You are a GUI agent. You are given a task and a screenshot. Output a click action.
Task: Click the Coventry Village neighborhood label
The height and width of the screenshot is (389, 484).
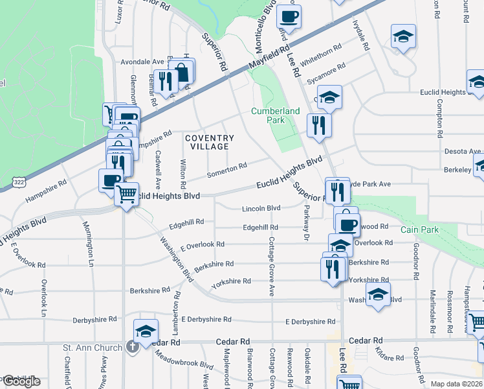point(209,142)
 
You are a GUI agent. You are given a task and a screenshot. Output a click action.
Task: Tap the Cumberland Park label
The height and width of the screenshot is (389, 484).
point(276,115)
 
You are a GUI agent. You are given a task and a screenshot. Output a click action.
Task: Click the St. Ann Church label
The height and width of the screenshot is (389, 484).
point(93,348)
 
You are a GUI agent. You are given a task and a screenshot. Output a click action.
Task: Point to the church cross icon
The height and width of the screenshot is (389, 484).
point(132,348)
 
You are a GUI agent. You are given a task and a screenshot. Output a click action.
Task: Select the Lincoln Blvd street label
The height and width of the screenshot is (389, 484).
point(261,208)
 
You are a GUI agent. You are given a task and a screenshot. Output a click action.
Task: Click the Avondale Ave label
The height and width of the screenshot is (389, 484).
point(140,62)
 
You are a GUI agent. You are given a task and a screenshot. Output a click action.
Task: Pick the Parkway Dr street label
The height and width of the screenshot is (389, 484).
point(304,224)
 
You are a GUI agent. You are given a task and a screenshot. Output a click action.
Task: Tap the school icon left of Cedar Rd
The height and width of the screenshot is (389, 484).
point(146,330)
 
